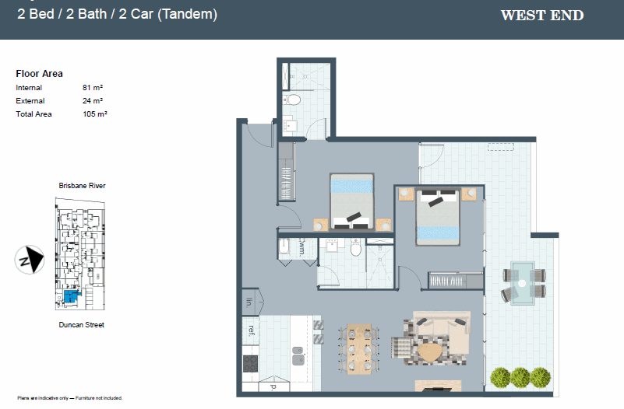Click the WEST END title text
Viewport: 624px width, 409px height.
pos(541,16)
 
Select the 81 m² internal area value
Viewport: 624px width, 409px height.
pos(93,88)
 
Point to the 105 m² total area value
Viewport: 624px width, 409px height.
pos(94,114)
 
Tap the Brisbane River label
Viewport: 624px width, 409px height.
pos(82,186)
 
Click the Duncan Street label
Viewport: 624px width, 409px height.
pos(81,325)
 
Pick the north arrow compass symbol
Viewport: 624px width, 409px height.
pos(30,259)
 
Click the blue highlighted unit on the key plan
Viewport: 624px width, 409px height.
pos(71,295)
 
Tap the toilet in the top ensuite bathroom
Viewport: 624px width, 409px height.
pos(293,100)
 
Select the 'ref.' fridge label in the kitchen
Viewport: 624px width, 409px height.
pos(251,329)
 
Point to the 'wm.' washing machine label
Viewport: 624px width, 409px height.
pos(302,247)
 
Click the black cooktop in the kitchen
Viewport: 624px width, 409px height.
pos(251,363)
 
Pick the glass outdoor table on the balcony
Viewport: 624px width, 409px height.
pos(525,281)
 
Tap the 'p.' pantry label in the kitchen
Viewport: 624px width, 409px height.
pos(273,386)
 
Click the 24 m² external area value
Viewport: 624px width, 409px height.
pos(93,101)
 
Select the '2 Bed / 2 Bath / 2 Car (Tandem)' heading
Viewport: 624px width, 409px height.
pos(117,14)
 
